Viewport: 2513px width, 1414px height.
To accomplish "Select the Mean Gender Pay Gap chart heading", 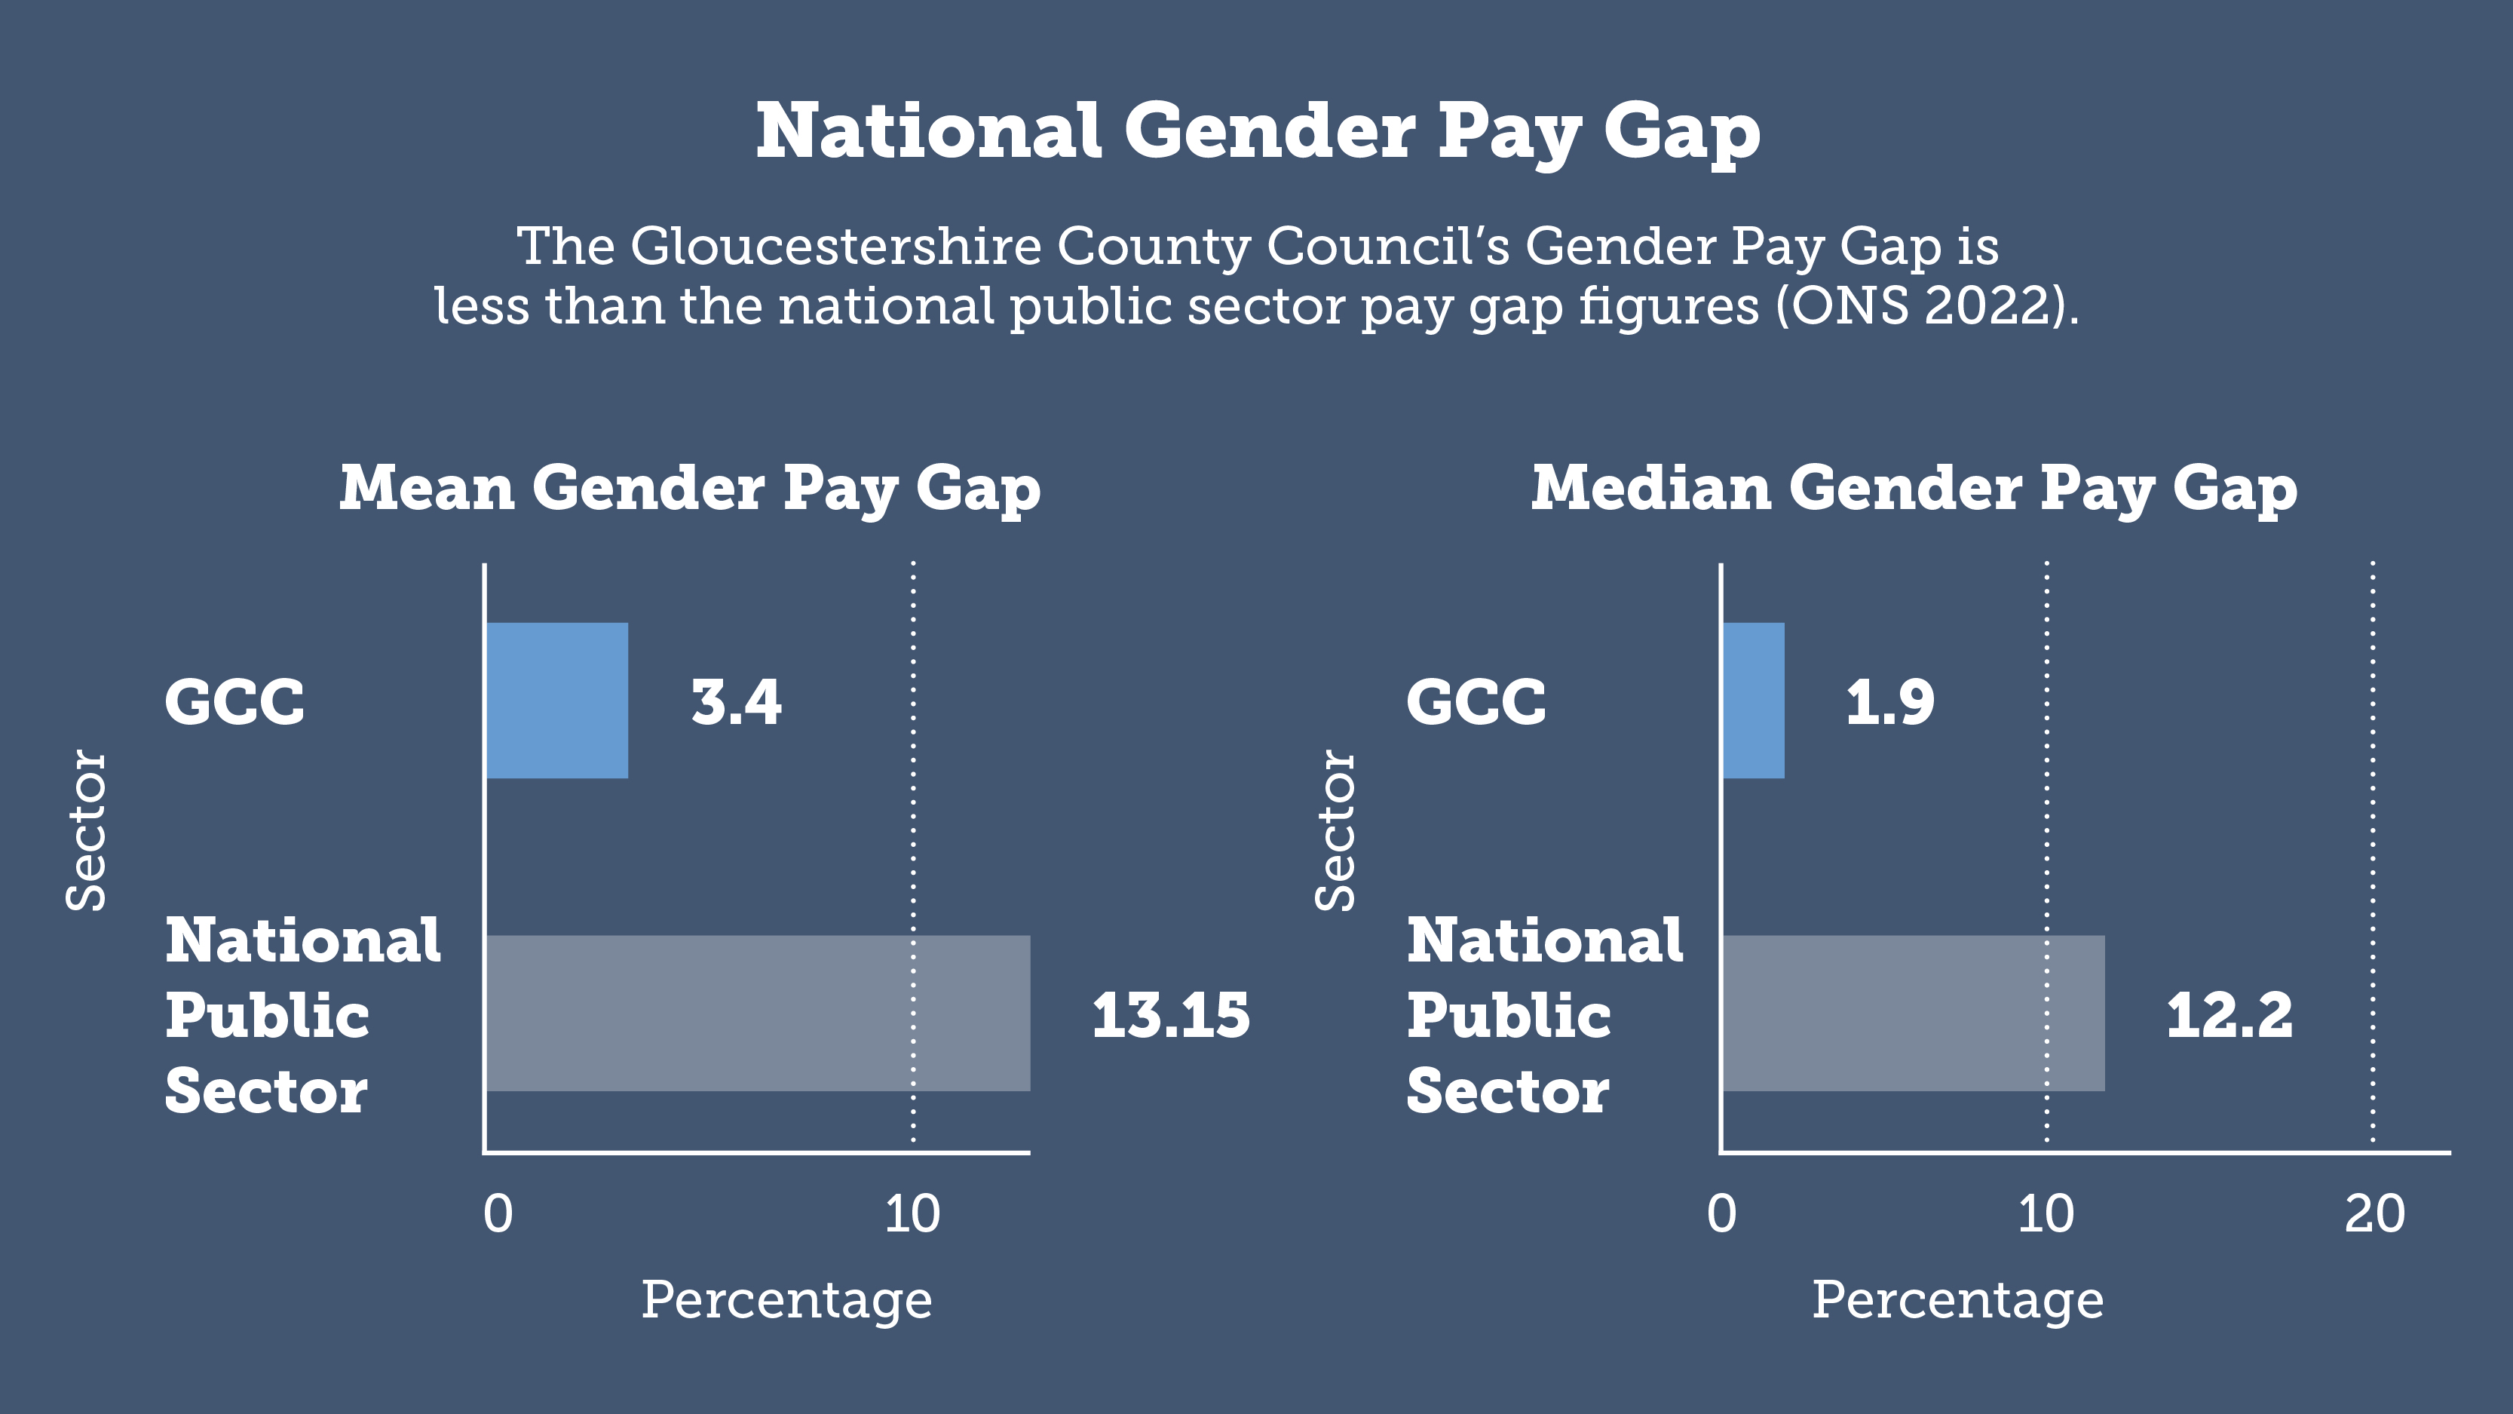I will [x=690, y=488].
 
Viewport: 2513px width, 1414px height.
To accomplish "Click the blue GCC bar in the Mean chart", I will [x=557, y=701].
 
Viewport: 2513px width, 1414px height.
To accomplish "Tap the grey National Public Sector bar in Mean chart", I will [x=757, y=1013].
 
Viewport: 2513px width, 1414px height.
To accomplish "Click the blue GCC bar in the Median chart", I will [x=1753, y=701].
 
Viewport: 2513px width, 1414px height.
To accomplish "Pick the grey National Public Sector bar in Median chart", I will [x=1913, y=1013].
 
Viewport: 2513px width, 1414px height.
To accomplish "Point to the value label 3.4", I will [x=736, y=703].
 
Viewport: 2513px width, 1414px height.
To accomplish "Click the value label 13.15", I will [x=1169, y=1015].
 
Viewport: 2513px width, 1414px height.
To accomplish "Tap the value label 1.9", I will [x=1889, y=703].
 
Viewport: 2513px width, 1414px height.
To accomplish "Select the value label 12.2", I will [x=2229, y=1015].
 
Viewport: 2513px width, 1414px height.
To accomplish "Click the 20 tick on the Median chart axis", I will [x=2374, y=1215].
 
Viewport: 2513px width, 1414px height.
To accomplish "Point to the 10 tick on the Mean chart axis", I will [x=912, y=1215].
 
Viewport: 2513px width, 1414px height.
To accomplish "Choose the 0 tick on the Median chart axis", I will [x=1722, y=1215].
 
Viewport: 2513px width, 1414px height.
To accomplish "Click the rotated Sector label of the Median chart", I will [x=1335, y=830].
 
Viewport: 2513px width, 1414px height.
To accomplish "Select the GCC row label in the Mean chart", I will [x=234, y=703].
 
